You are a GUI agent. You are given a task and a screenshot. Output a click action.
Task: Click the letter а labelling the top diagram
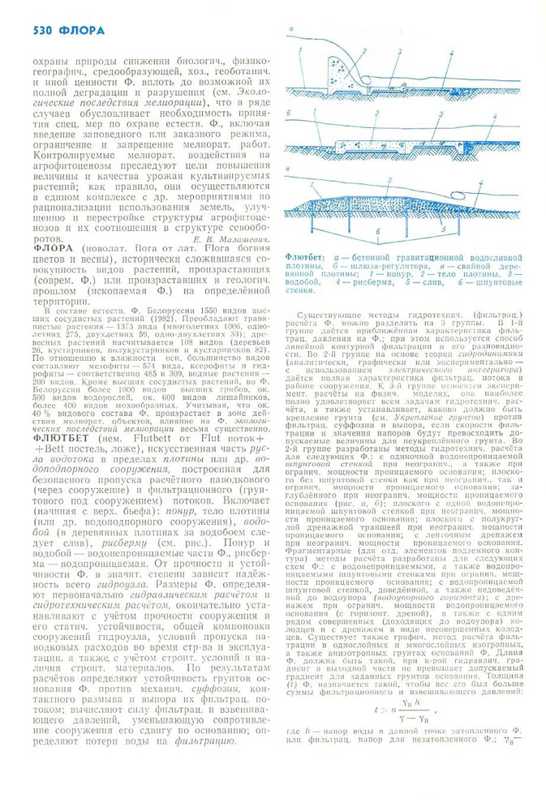click(290, 30)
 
